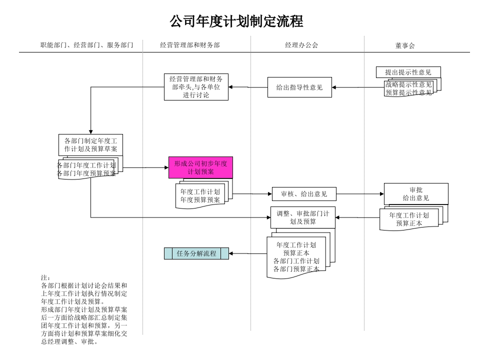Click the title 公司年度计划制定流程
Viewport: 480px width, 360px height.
click(x=236, y=21)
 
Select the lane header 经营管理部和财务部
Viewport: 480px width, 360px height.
click(x=190, y=45)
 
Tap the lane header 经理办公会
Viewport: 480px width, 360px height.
click(x=301, y=45)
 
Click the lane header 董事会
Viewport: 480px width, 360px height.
click(x=405, y=45)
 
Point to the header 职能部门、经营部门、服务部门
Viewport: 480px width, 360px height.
click(x=86, y=45)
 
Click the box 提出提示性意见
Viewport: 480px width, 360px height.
click(x=408, y=72)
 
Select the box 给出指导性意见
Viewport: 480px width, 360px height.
click(x=299, y=87)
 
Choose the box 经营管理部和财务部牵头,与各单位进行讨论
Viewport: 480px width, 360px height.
click(x=196, y=87)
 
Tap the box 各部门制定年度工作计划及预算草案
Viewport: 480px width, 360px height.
click(x=90, y=145)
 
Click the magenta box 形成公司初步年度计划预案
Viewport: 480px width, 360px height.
click(x=200, y=167)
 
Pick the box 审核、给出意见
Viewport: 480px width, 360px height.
click(x=304, y=194)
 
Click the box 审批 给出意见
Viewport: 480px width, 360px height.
click(x=416, y=194)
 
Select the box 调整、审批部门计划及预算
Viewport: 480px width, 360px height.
click(x=303, y=217)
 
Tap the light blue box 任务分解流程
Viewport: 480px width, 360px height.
click(x=196, y=253)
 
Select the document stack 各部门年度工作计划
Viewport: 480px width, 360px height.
click(x=87, y=169)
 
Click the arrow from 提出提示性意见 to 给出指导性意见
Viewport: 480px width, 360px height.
click(x=357, y=87)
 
